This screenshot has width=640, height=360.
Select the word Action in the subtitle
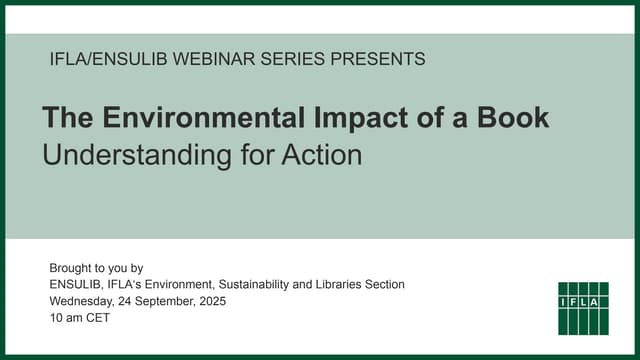tap(323, 155)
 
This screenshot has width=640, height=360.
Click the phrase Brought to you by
tap(96, 268)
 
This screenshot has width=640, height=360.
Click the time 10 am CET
tap(79, 318)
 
